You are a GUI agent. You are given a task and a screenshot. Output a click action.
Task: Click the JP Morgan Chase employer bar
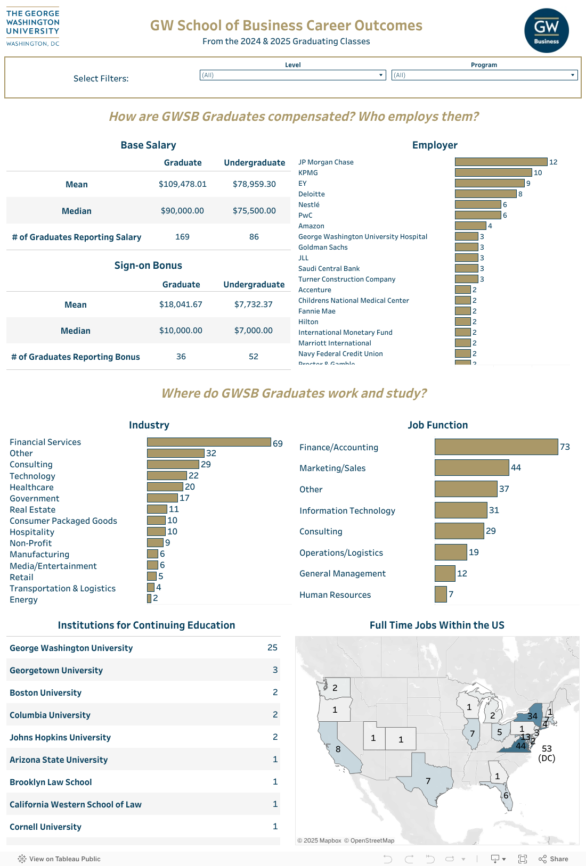point(501,162)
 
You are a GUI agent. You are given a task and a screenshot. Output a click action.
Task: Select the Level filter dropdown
point(292,75)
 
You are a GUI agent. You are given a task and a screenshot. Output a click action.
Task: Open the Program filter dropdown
point(484,75)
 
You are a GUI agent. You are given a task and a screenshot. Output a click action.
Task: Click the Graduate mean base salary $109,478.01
point(182,184)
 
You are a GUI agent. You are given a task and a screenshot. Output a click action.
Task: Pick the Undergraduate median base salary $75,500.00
point(254,211)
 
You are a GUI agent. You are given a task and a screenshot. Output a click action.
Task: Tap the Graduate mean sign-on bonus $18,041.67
point(181,304)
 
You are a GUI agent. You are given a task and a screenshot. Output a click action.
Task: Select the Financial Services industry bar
point(209,442)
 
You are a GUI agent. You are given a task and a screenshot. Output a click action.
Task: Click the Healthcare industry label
point(31,487)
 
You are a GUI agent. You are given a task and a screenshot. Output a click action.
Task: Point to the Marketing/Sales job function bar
point(471,468)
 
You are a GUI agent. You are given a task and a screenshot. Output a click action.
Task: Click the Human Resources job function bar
point(441,595)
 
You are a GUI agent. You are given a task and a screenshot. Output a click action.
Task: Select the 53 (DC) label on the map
point(547,753)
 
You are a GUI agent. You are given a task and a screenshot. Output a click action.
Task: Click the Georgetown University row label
point(56,670)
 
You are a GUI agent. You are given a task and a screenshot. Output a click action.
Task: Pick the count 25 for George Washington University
point(272,648)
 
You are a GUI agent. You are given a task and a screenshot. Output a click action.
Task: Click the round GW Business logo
point(546,30)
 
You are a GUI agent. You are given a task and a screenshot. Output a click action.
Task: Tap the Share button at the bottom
point(554,859)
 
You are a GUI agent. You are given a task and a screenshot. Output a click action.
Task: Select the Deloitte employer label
point(312,194)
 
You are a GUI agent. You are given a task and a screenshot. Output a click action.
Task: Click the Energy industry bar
point(149,599)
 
